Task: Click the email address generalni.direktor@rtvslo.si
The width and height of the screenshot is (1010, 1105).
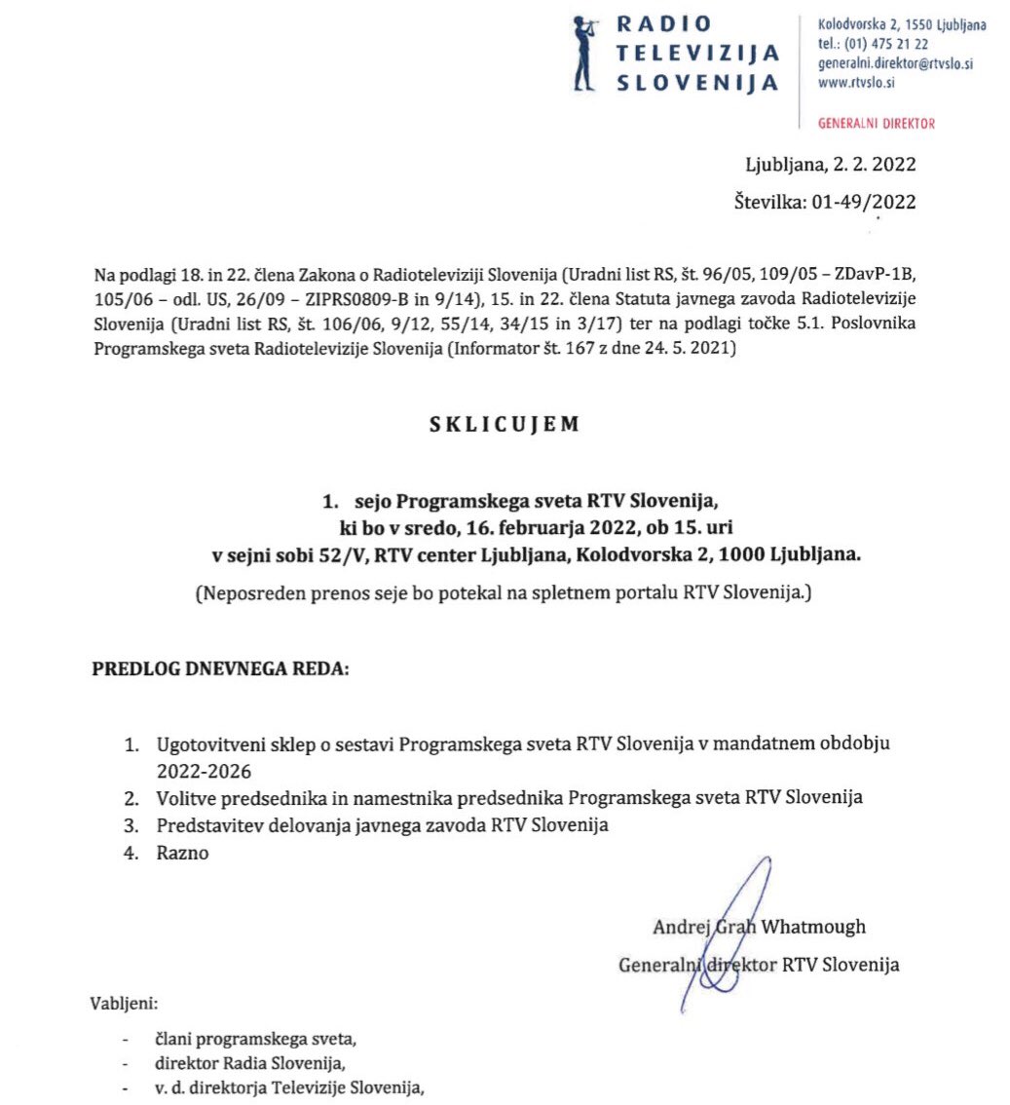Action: (x=896, y=64)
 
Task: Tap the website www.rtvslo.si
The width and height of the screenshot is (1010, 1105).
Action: (x=857, y=83)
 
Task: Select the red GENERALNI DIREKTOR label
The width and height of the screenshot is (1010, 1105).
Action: (x=876, y=124)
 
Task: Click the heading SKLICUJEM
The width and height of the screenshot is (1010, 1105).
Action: (x=505, y=424)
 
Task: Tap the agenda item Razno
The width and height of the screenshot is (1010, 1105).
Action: (x=182, y=853)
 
